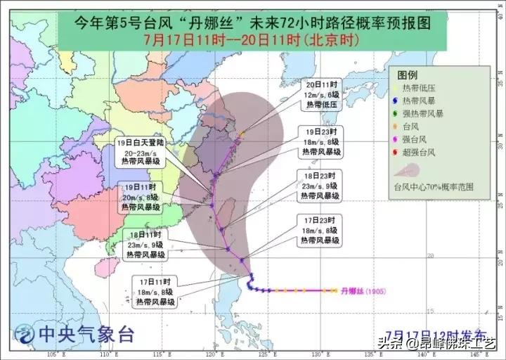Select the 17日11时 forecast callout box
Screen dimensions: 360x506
click(151, 292)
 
